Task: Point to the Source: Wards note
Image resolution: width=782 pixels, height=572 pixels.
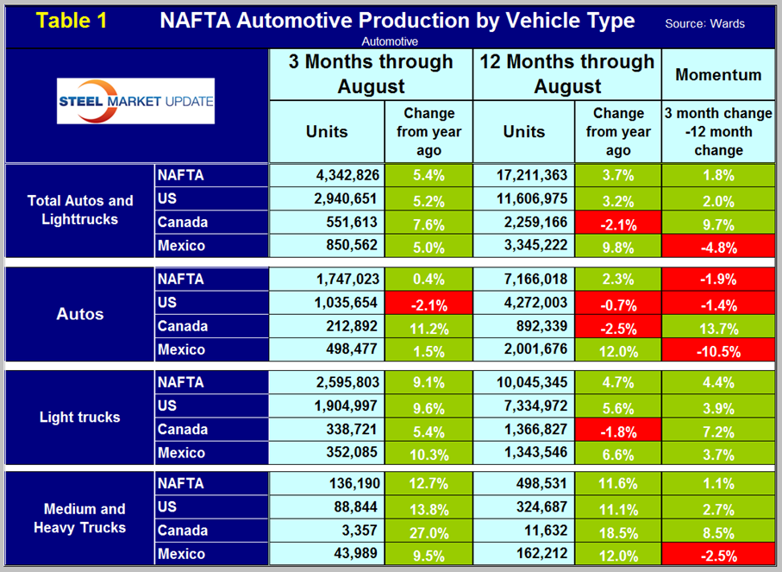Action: (704, 23)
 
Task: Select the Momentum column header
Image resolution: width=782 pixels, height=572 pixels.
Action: (717, 74)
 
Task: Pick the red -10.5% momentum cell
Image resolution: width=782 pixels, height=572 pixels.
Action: (717, 349)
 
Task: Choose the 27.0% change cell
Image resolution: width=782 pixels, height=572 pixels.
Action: (428, 530)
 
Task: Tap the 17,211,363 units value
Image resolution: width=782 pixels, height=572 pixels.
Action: (523, 176)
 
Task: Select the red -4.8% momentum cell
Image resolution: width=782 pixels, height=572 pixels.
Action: (717, 246)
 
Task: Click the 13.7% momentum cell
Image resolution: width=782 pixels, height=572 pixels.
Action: (717, 326)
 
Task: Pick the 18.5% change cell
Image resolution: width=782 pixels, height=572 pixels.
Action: (617, 530)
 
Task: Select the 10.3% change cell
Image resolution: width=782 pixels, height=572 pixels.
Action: (428, 453)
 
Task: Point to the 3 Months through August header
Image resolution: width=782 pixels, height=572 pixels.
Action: (372, 74)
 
